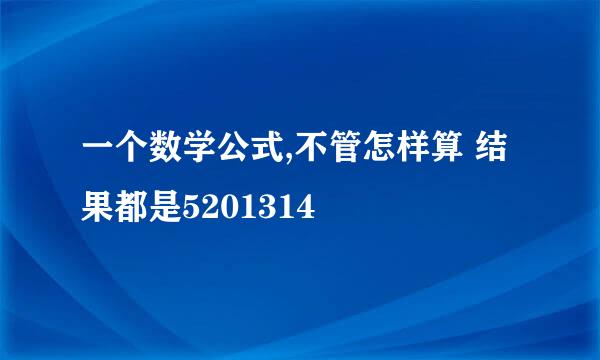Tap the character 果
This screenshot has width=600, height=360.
pos(97,210)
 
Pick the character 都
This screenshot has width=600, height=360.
pos(131,210)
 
